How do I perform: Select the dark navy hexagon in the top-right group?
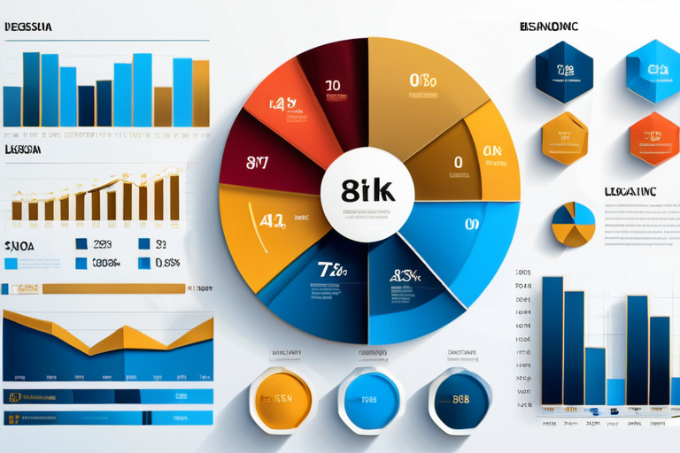[x=564, y=71]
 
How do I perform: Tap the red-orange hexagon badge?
[x=654, y=139]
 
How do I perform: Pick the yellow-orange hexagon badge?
[x=565, y=139]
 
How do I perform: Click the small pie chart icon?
[x=574, y=225]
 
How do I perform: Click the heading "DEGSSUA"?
[x=27, y=27]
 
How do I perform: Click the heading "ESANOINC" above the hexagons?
[x=549, y=27]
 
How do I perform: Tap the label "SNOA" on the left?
[x=19, y=246]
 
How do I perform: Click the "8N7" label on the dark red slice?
[x=258, y=162]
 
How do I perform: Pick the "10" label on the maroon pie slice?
[x=332, y=86]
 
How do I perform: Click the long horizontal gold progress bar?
[x=113, y=288]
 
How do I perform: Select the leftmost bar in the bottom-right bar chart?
[x=552, y=340]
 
